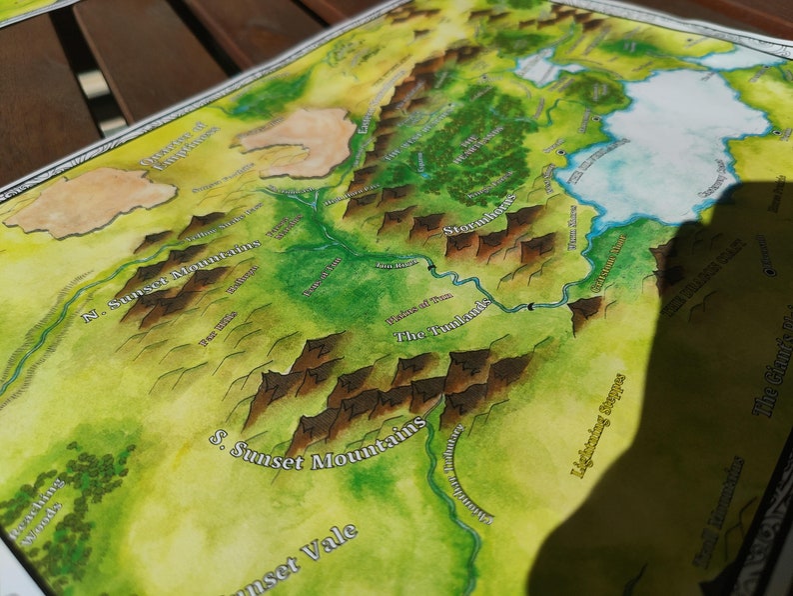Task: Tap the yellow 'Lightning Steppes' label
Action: pyautogui.click(x=597, y=425)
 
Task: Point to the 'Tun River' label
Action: pyautogui.click(x=394, y=265)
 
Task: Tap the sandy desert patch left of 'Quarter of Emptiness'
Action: pyautogui.click(x=90, y=199)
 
